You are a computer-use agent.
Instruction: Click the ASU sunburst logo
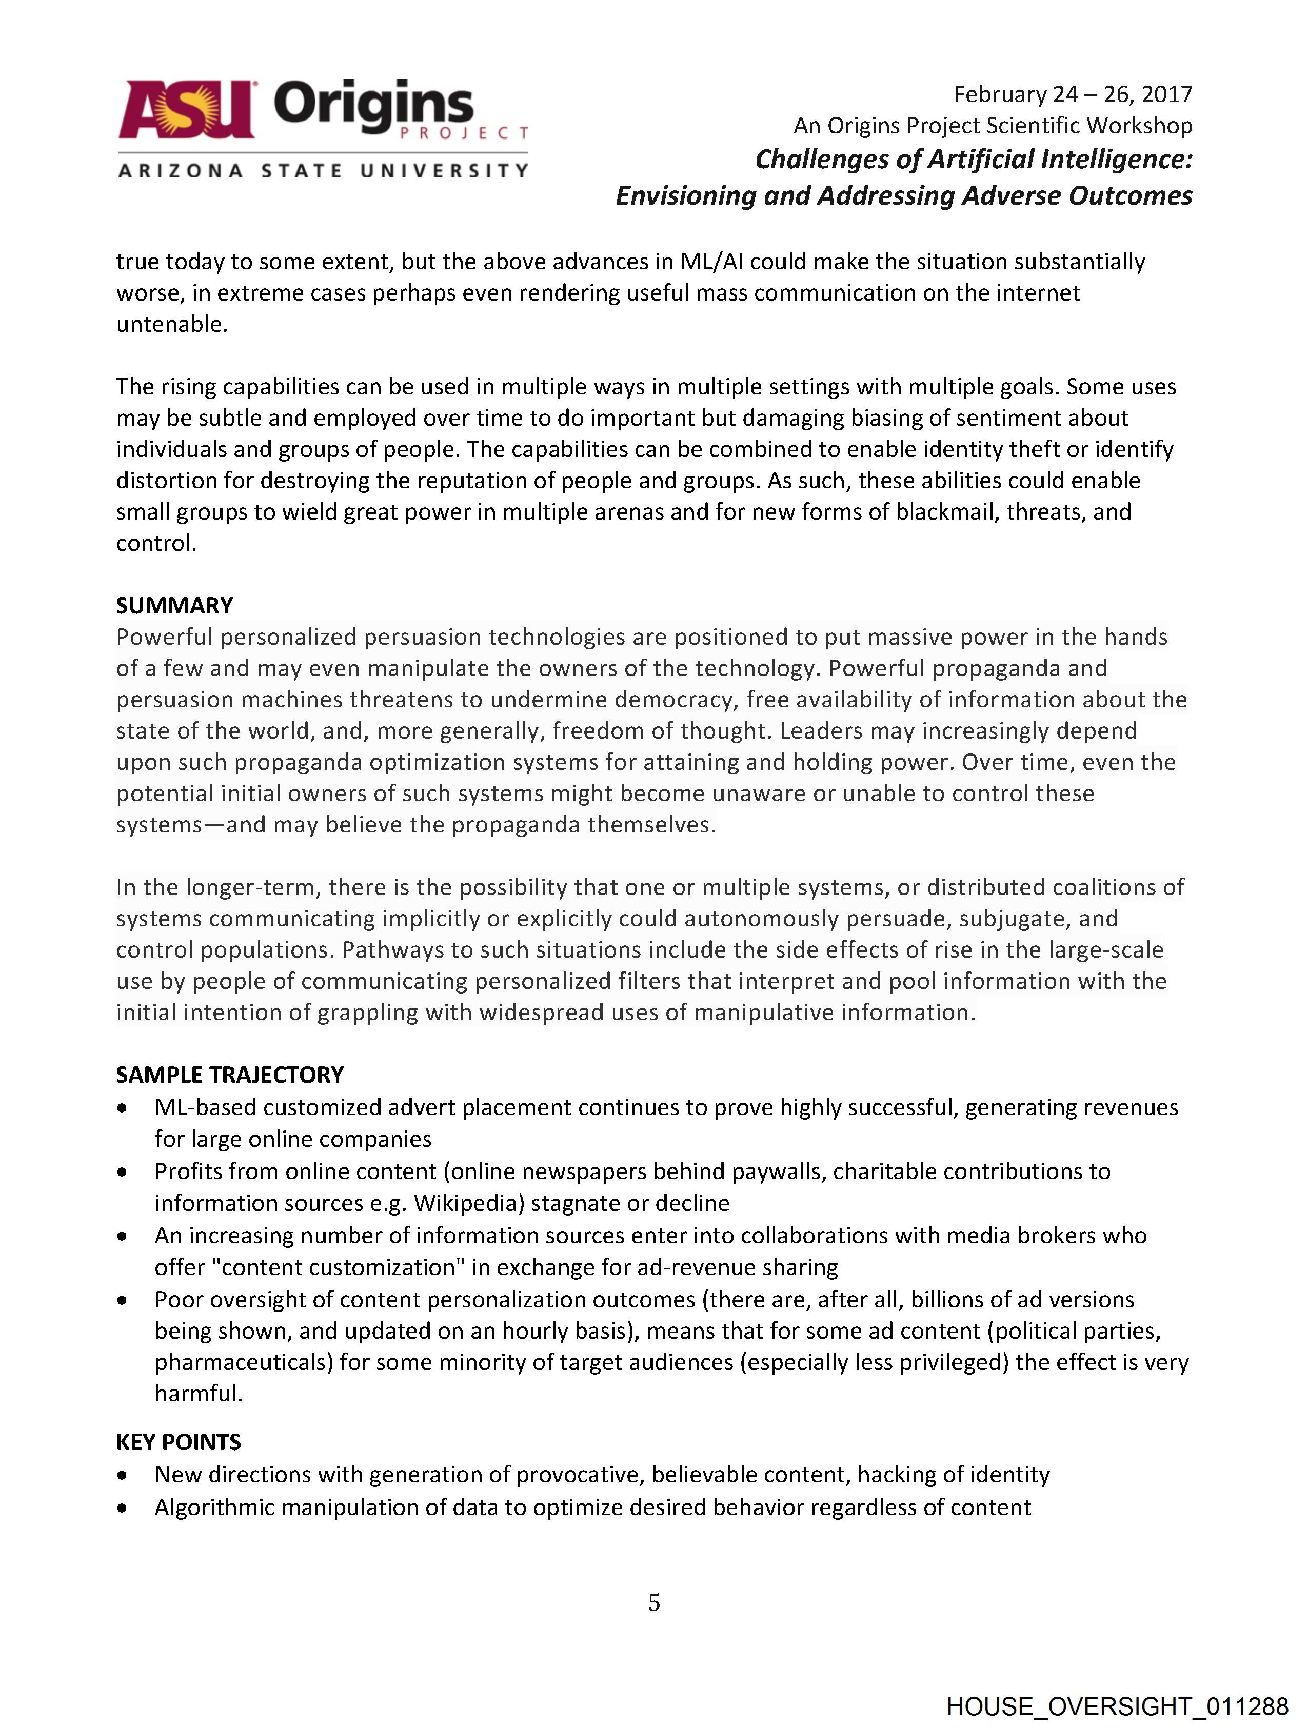coord(187,109)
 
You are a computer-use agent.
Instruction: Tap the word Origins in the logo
coord(373,104)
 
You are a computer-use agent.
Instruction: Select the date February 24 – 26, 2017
coord(1072,94)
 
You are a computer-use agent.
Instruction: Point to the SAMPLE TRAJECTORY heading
coord(230,1075)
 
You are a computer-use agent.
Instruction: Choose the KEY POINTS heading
coord(178,1442)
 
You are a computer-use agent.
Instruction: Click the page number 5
coord(654,1602)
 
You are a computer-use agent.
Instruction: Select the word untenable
coord(171,324)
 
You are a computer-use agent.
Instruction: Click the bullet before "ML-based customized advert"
coord(122,1108)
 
